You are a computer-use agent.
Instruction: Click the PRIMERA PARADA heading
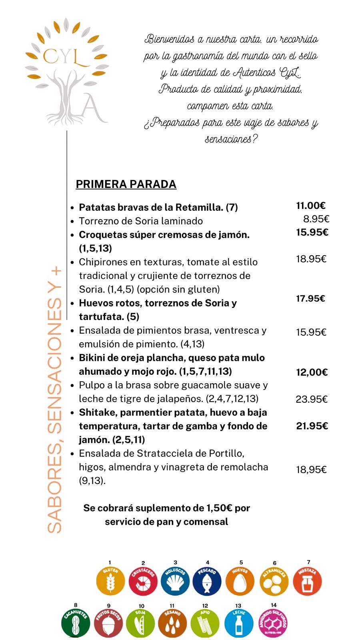click(x=126, y=184)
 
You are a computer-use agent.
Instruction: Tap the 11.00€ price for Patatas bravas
click(x=311, y=206)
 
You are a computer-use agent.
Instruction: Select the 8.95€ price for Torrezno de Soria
click(x=316, y=219)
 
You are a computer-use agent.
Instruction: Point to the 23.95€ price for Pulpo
click(x=312, y=399)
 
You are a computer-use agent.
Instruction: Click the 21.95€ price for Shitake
click(x=312, y=426)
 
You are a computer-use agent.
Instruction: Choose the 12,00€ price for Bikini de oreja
click(x=312, y=372)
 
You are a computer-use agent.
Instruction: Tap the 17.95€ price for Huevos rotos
click(x=310, y=298)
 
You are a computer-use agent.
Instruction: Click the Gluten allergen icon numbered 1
click(x=110, y=581)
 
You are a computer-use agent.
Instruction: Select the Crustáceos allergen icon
click(x=143, y=581)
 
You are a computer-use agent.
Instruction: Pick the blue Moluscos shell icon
click(x=175, y=581)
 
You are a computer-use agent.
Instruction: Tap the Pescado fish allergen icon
click(x=207, y=581)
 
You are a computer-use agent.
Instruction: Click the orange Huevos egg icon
click(x=240, y=581)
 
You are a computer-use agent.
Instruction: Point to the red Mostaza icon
click(x=307, y=581)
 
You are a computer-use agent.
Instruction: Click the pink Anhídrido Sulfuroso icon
click(x=273, y=622)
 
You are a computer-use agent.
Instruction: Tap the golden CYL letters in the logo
click(x=66, y=57)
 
